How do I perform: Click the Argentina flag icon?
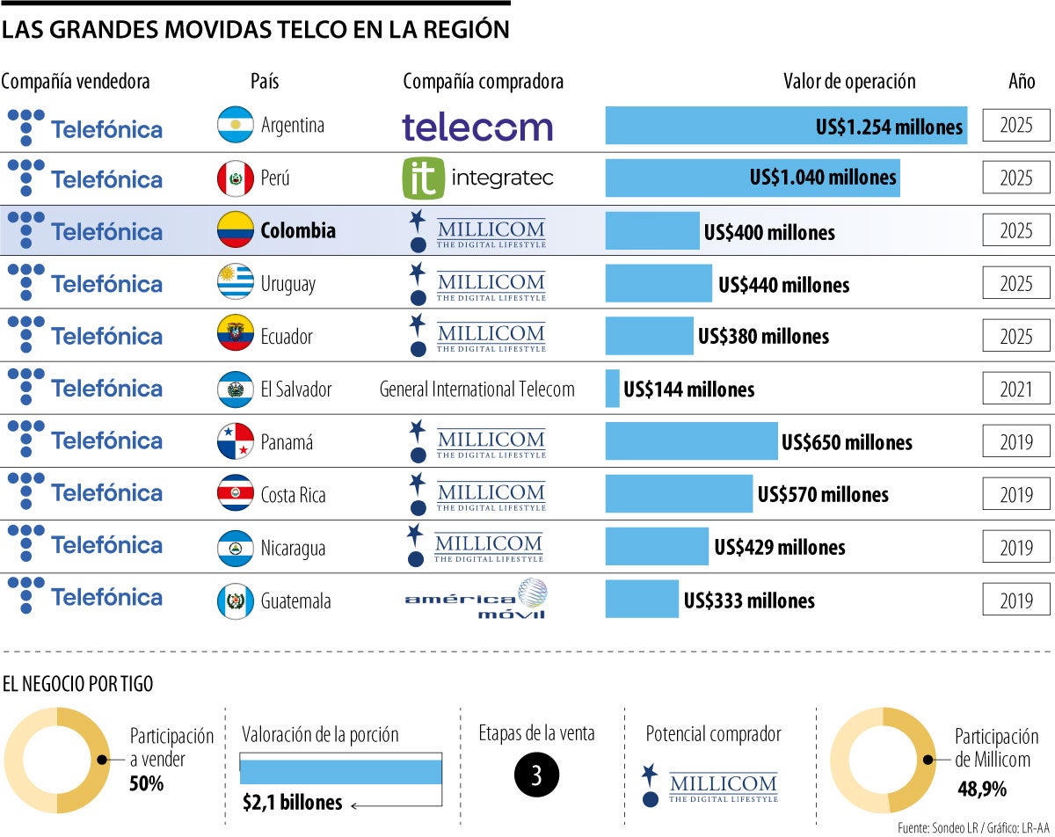(x=236, y=125)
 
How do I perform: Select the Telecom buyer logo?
(x=477, y=127)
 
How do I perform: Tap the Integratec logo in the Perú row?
(x=477, y=178)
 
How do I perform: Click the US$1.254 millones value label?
(x=889, y=127)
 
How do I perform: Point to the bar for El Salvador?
(x=613, y=389)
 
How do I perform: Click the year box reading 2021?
(x=1015, y=389)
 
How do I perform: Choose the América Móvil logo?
(x=476, y=600)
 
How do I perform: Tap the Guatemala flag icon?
(x=236, y=601)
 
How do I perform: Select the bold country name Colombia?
(x=298, y=230)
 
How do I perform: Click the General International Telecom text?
(x=477, y=389)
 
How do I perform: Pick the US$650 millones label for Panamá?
(x=847, y=442)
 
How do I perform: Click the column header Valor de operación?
(x=849, y=82)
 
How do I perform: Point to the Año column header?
(x=1022, y=82)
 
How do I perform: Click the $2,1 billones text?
(x=292, y=803)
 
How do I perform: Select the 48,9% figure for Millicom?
(x=981, y=790)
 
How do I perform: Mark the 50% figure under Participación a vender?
(x=147, y=782)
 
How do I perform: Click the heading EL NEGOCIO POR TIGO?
(x=78, y=685)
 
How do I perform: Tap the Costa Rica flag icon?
(x=236, y=494)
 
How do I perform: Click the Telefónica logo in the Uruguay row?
(x=84, y=283)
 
